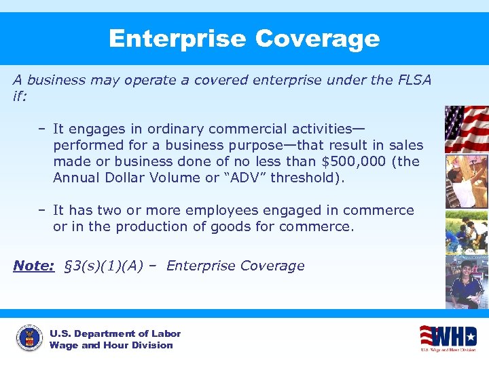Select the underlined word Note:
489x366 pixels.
coord(34,266)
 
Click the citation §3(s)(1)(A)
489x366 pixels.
coord(103,266)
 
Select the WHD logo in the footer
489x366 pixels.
coord(448,337)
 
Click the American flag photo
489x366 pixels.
coord(466,129)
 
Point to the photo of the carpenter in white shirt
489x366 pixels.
coord(466,181)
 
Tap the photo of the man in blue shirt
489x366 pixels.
coord(466,281)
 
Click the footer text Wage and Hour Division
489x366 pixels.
coord(111,345)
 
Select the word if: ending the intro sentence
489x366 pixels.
coord(20,96)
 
